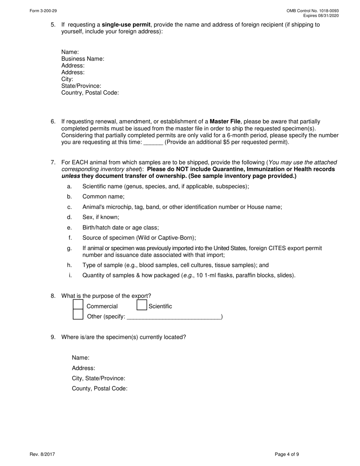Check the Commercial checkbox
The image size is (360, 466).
(x=78, y=304)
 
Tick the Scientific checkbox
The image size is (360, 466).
(x=142, y=305)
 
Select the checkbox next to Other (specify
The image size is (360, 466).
(x=78, y=314)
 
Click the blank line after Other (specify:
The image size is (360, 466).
(x=174, y=317)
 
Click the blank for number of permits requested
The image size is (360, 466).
(x=153, y=142)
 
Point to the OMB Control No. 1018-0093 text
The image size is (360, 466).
(x=313, y=11)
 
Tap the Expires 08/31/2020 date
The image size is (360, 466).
(x=321, y=16)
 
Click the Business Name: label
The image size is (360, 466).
(x=83, y=59)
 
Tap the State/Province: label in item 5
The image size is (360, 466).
(x=81, y=86)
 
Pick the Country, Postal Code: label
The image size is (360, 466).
(x=90, y=93)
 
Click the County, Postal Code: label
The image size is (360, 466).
(x=100, y=388)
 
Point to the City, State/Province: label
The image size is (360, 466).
(x=99, y=378)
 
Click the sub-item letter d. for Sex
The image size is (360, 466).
(x=69, y=217)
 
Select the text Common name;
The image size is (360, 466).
(x=103, y=197)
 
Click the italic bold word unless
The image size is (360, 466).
(x=71, y=176)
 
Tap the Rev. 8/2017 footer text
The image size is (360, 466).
(x=42, y=454)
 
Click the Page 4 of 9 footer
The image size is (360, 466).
(x=287, y=454)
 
